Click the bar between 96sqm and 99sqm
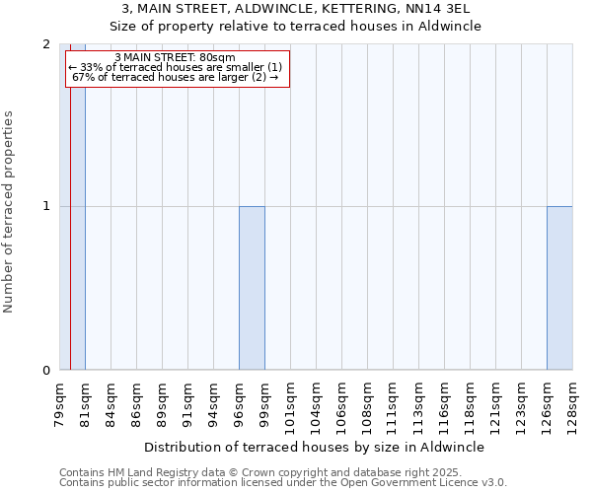point(252,288)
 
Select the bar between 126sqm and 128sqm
point(559,288)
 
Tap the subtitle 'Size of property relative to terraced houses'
point(296,27)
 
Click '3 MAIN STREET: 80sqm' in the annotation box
point(175,57)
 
